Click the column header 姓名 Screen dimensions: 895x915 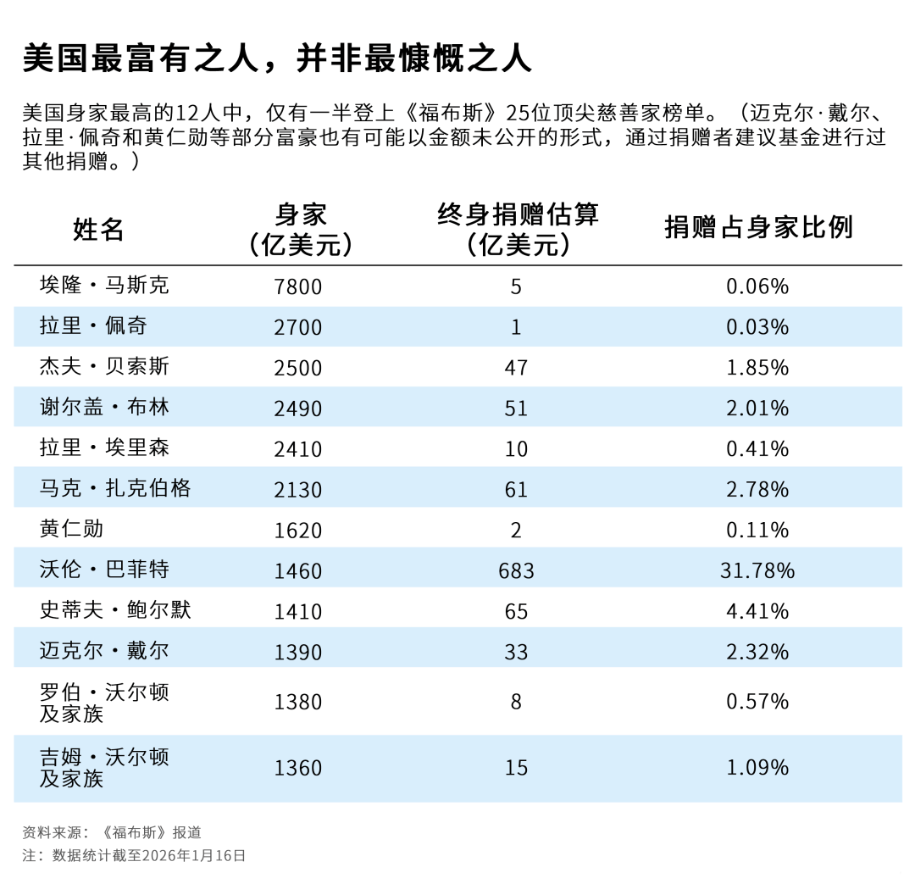[98, 229]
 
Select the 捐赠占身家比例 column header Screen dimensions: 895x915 [757, 227]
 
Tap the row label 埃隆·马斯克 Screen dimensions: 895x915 [104, 285]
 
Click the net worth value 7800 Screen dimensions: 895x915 [298, 286]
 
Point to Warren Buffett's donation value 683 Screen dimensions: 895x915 [516, 570]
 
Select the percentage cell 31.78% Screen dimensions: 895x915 [757, 570]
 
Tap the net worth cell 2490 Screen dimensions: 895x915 [298, 409]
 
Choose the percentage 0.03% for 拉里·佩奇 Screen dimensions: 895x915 [757, 327]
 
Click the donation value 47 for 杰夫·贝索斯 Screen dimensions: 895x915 [516, 368]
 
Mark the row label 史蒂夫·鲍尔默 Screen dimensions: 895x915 [115, 610]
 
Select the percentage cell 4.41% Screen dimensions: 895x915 [757, 611]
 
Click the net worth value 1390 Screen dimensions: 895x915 [298, 652]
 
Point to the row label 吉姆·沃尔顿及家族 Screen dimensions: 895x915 [104, 767]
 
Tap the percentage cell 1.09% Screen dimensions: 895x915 [757, 768]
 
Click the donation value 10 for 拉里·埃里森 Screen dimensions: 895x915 [516, 449]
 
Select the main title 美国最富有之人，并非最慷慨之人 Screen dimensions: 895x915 [277, 58]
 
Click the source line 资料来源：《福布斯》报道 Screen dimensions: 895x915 [111, 832]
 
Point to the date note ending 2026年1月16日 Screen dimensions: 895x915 [134, 855]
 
